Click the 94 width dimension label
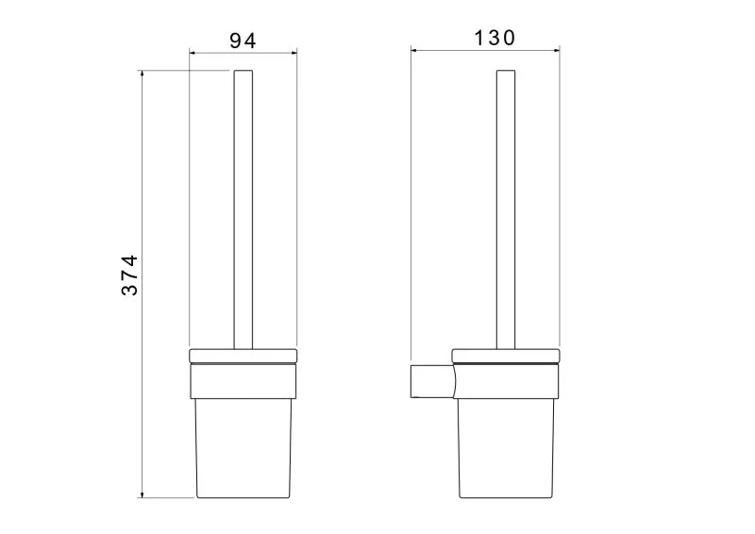tap(243, 41)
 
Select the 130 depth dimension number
tap(495, 38)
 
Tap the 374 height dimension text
tap(129, 275)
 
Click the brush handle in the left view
tap(243, 209)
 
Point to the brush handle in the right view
tap(506, 209)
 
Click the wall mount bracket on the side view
tap(432, 381)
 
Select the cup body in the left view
tap(243, 448)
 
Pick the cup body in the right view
tap(506, 448)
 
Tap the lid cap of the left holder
tap(243, 356)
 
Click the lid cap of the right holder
tap(506, 356)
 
